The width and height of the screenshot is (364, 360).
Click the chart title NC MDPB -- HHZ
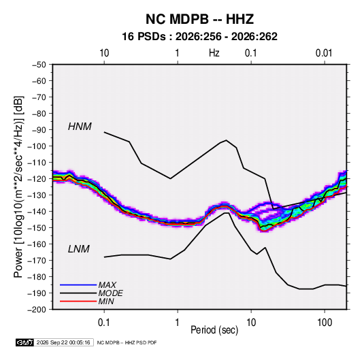(199, 19)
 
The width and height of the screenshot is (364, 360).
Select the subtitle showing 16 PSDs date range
(199, 37)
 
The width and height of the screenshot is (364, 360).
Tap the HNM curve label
(80, 127)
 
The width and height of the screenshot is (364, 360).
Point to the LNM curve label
(79, 249)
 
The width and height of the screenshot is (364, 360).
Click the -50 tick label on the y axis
(39, 65)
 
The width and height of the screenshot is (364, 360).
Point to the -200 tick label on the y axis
(37, 310)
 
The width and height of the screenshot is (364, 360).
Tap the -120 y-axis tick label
(37, 179)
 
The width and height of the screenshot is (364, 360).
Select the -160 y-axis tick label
(37, 244)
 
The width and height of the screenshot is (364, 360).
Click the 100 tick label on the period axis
(325, 322)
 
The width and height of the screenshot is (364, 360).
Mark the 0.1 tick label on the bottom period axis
(104, 322)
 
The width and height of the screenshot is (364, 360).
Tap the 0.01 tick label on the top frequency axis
(324, 53)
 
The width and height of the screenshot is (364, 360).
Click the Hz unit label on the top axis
(214, 53)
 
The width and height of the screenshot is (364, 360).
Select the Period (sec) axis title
(214, 330)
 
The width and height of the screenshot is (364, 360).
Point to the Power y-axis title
(18, 186)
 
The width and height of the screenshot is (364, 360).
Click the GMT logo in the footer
(25, 342)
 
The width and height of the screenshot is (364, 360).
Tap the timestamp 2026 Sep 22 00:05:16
(63, 342)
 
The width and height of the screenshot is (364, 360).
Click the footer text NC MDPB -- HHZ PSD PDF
(127, 342)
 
